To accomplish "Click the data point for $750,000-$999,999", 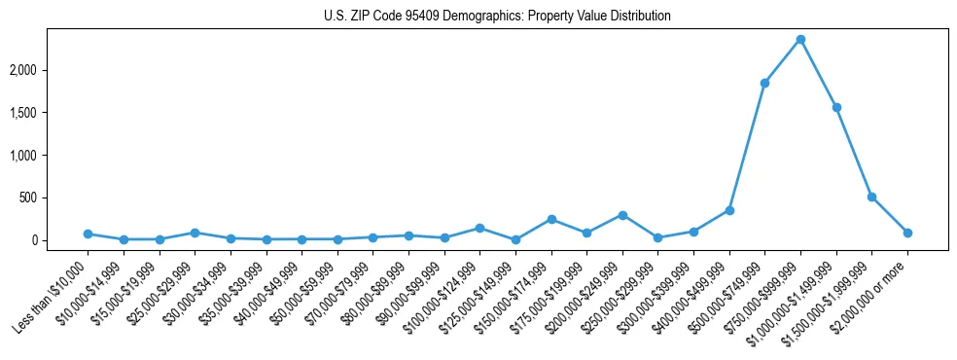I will click(800, 39).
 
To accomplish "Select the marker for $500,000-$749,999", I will click(764, 83).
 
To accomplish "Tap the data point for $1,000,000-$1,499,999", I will click(836, 107).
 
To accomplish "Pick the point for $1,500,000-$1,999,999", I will click(871, 197).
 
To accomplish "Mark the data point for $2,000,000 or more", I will click(907, 233).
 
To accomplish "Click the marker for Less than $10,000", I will click(88, 234).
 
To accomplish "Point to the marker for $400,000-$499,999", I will click(729, 210).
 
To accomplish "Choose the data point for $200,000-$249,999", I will click(622, 215).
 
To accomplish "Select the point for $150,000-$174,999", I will click(551, 219).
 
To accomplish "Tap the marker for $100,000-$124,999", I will click(479, 228).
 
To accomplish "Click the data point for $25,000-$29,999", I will click(195, 233).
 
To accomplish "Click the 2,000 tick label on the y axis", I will click(50, 70).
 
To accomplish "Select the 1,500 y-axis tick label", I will click(50, 113).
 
